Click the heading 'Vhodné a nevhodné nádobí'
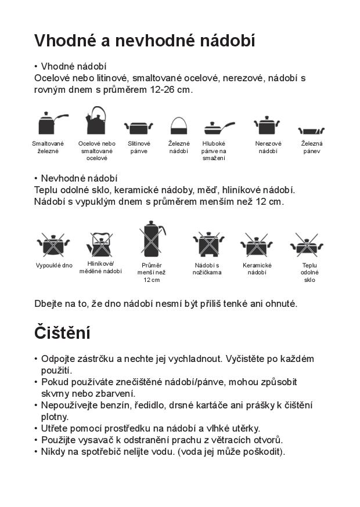click(x=145, y=41)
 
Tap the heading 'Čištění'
click(x=62, y=334)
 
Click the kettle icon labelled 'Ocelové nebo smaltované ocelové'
click(x=96, y=121)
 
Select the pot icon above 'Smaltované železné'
click(x=49, y=124)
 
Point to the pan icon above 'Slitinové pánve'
click(x=138, y=128)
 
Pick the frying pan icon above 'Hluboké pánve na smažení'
click(x=217, y=128)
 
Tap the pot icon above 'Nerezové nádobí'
click(x=267, y=125)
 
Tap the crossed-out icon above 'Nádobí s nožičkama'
click(x=207, y=244)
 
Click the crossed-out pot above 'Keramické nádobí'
click(x=256, y=245)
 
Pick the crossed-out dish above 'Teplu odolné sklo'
click(x=308, y=245)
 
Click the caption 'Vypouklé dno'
click(x=54, y=266)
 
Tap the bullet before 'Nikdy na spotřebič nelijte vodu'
click(x=36, y=451)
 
